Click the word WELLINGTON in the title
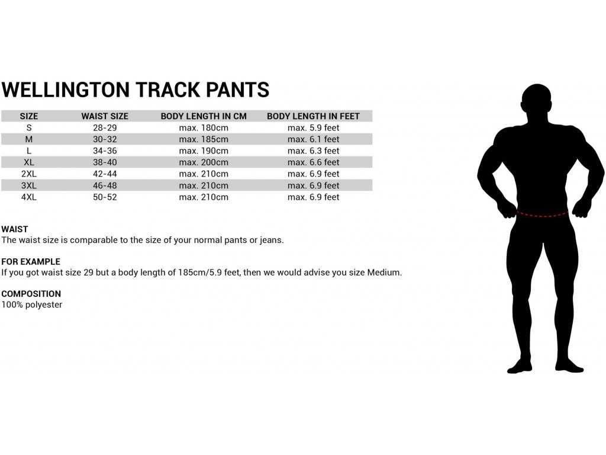[65, 90]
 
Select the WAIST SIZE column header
[105, 116]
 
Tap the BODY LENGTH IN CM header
[204, 116]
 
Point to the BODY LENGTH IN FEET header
[313, 116]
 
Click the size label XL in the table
[29, 162]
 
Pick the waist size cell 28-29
[105, 128]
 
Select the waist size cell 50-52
[105, 197]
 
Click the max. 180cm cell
[204, 128]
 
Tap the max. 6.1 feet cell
[313, 139]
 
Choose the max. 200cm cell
[204, 162]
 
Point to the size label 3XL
[29, 185]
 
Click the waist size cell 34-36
[105, 151]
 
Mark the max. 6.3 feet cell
[313, 151]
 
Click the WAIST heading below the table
[15, 229]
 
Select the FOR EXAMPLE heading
[31, 261]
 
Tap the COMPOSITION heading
[31, 294]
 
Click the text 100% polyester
[32, 305]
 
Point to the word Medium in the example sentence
[383, 273]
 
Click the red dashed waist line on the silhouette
[542, 214]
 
